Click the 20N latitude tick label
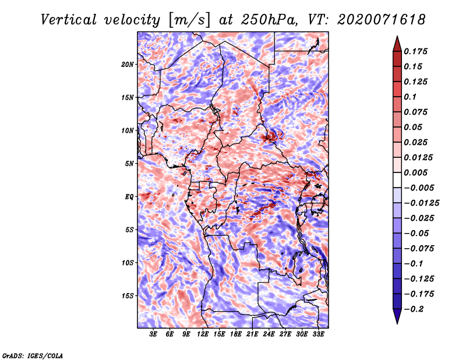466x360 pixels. pos(128,65)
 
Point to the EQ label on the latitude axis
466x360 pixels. pos(129,197)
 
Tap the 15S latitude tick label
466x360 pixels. pos(128,296)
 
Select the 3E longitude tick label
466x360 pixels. pos(153,334)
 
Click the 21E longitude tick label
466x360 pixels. pos(252,334)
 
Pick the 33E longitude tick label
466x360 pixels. pos(318,334)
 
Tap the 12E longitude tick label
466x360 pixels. pos(203,334)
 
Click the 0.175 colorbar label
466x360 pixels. pos(416,51)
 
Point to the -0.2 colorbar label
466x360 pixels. pos(414,309)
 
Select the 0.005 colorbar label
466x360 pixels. pos(416,172)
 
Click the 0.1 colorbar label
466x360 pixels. pos(411,97)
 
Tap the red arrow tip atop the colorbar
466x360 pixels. pos(397,36)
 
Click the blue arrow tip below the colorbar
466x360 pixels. pos(397,323)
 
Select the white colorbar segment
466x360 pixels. pos(397,180)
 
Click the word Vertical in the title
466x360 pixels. pos(68,20)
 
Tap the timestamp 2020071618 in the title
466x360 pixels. pos(382,20)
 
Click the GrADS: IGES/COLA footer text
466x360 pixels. pos(33,356)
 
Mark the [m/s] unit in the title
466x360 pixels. pos(189,20)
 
